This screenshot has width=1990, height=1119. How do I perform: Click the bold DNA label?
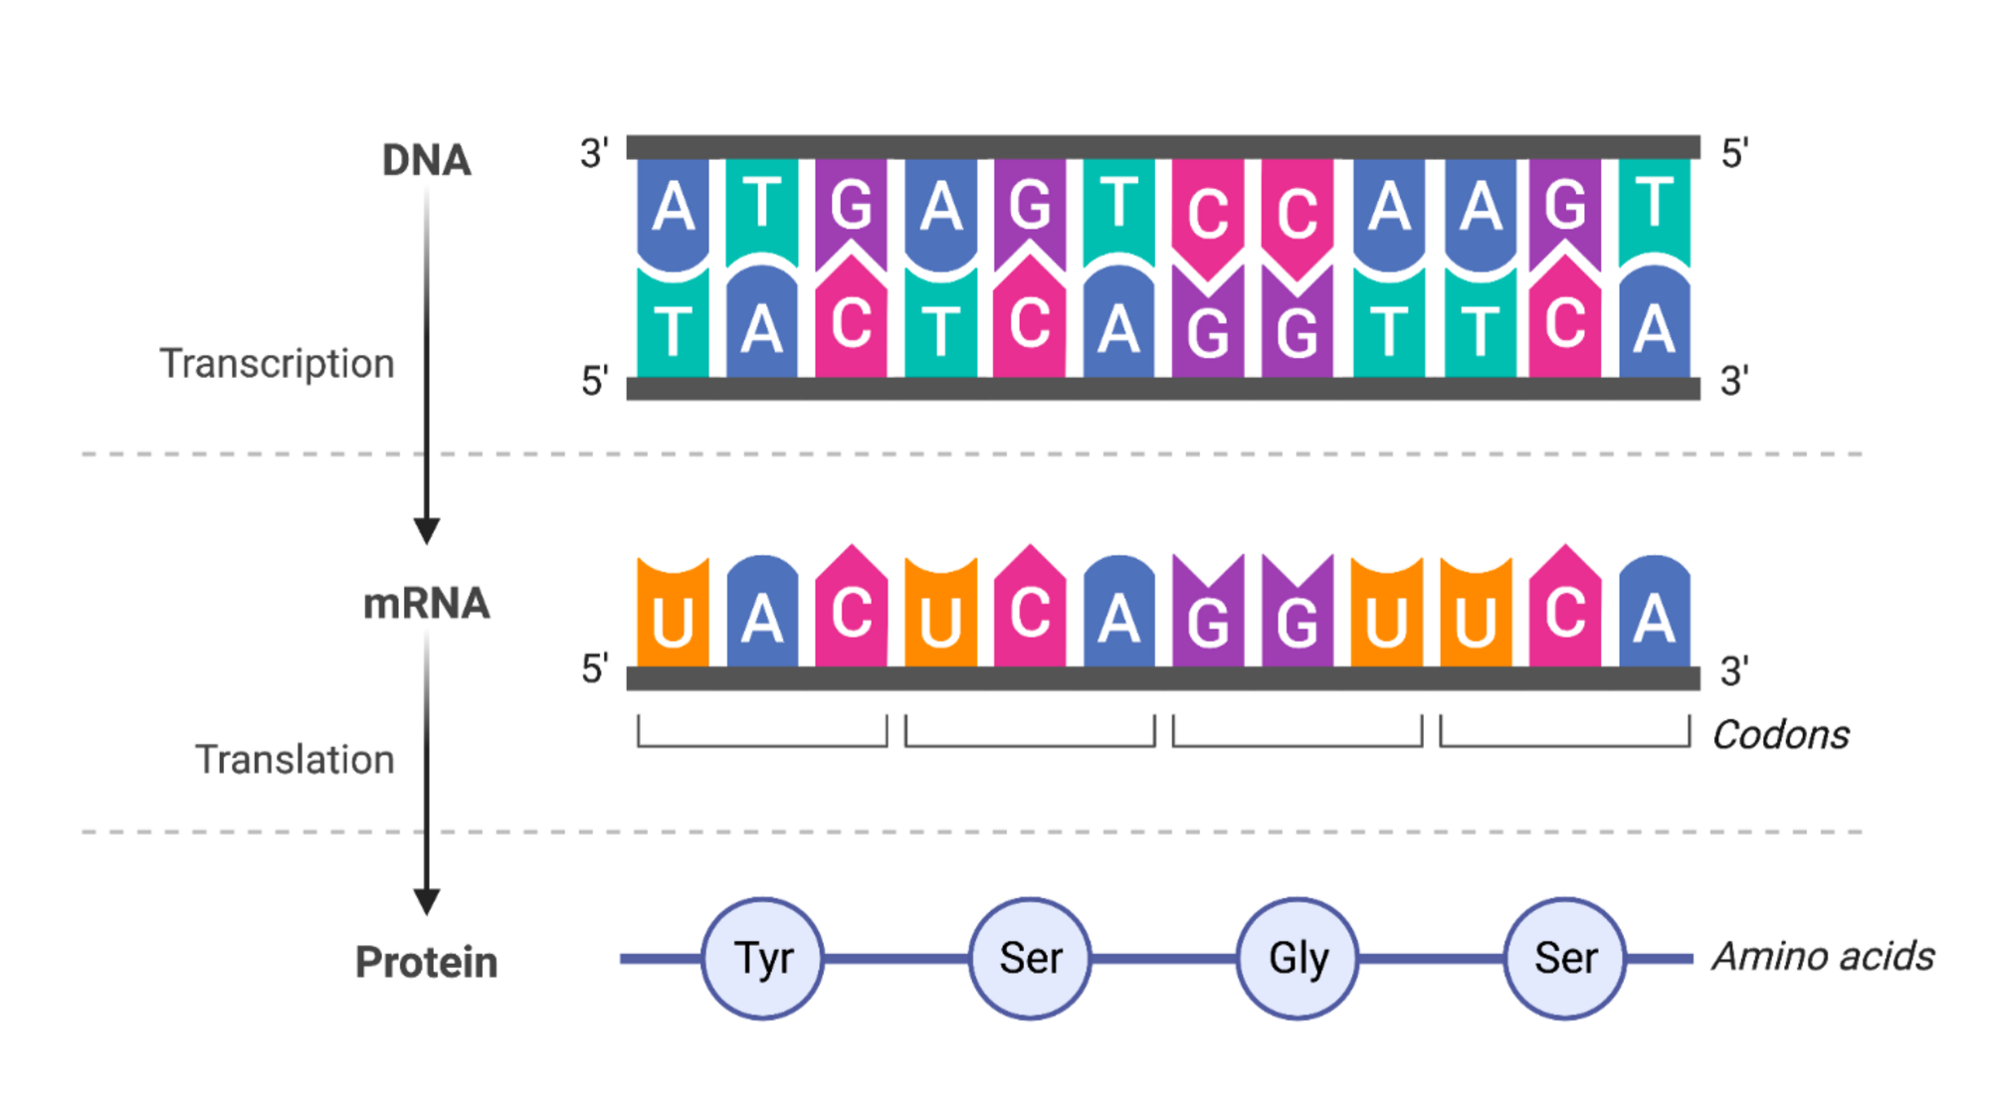pos(426,160)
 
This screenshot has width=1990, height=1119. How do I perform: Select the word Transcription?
pos(277,364)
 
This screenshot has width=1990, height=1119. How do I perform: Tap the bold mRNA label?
pos(426,604)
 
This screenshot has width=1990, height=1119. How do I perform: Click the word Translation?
pos(295,760)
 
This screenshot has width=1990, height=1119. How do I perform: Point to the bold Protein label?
pos(426,962)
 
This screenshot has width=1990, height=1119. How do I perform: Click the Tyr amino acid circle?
pos(763,959)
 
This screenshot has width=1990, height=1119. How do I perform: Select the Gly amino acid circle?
pos(1297,959)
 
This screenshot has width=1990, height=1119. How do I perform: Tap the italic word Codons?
pos(1780,735)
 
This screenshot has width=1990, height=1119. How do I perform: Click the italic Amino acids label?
pos(1823,957)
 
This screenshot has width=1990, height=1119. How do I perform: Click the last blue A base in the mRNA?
pos(1654,615)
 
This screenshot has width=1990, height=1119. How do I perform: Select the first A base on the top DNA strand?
pos(673,209)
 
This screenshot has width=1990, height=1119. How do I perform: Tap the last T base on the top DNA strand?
pos(1654,207)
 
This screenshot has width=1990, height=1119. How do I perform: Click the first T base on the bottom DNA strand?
pos(673,328)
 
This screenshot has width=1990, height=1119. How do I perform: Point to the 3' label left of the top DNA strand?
pos(594,153)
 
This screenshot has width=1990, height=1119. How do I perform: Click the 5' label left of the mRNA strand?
pos(594,669)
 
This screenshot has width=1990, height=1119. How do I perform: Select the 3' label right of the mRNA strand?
pos(1734,671)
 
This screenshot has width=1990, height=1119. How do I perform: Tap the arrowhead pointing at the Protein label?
pos(427,901)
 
